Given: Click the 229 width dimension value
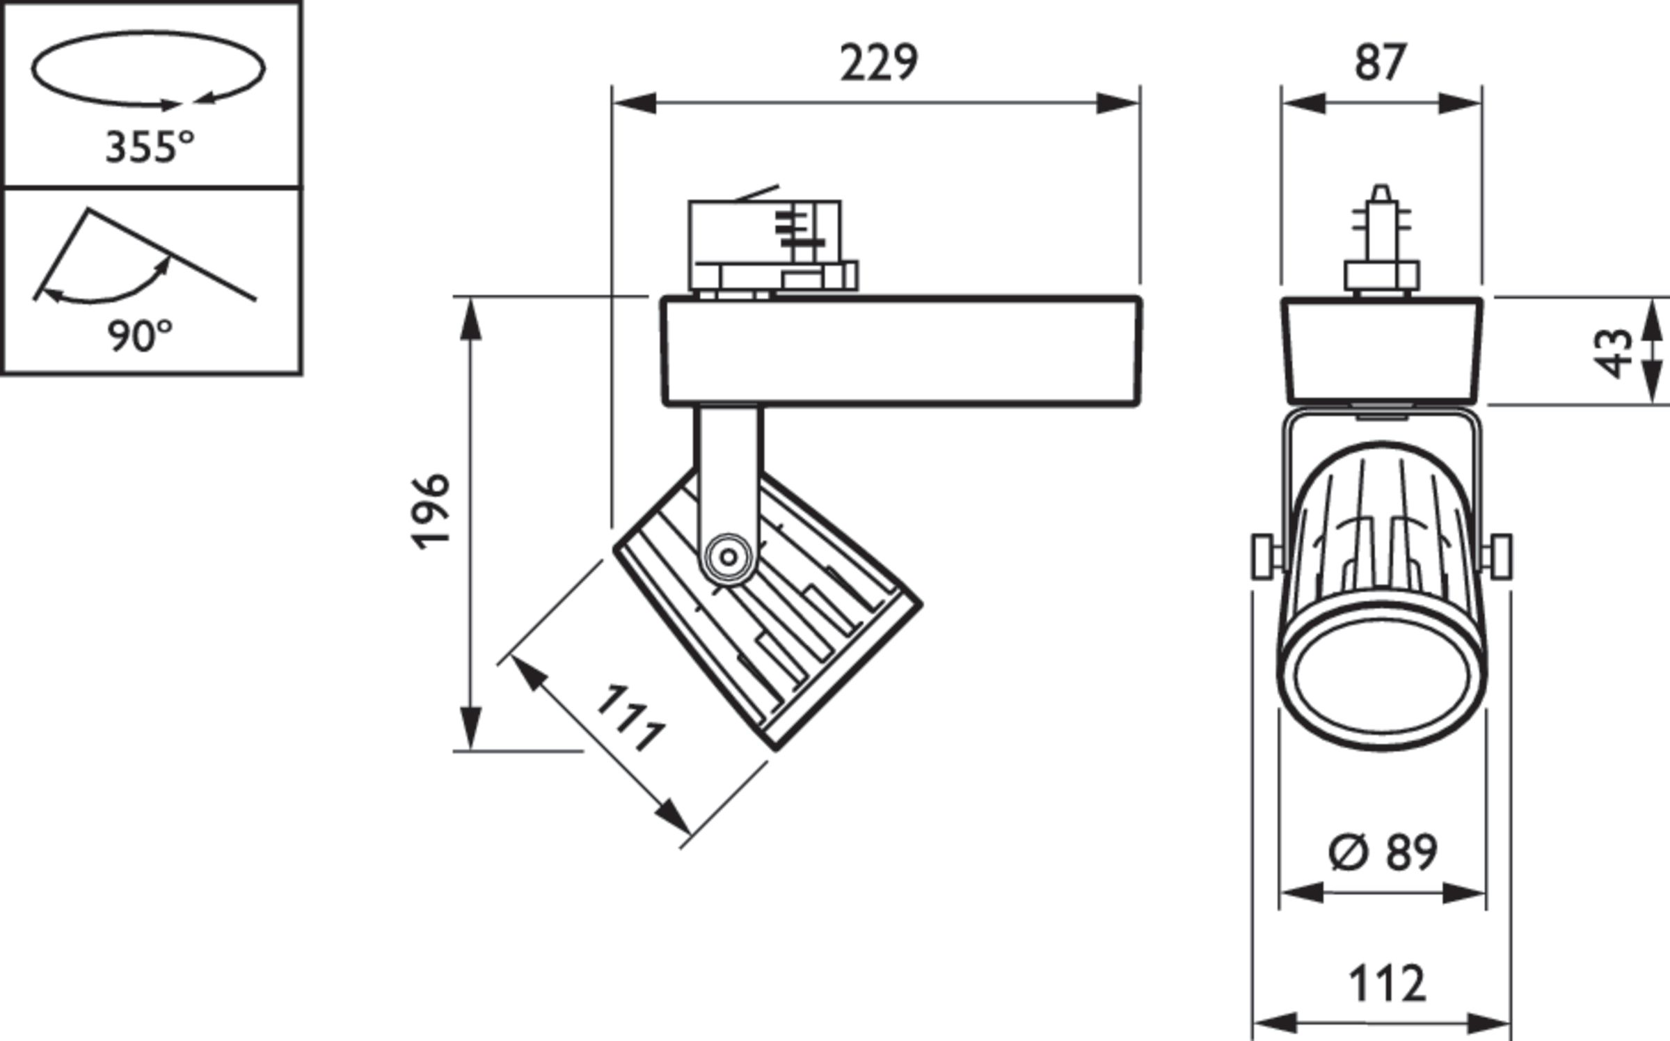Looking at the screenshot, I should coord(879,63).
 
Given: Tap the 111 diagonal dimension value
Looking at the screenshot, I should coord(630,718).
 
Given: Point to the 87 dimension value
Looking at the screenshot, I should coord(1381,63).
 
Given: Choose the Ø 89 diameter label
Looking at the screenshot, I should coord(1383,852).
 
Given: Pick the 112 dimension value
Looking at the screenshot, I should coord(1387,985).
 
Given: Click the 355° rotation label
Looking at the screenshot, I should coord(149,148).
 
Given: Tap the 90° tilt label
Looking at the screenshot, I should coord(139,337).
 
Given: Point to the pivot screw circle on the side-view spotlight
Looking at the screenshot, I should coord(729,557).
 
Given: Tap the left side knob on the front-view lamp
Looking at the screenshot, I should coord(1265,557).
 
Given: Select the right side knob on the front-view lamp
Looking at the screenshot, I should coord(1500,557).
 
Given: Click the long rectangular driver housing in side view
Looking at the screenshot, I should coord(900,351).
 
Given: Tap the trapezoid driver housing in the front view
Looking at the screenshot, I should coord(1382,351).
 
